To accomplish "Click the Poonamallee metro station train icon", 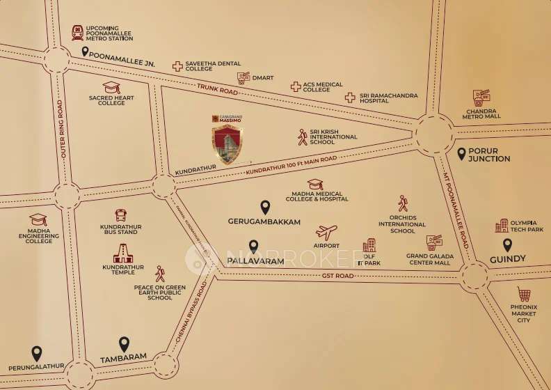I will tap(77, 33).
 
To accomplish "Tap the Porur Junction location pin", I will tap(461, 153).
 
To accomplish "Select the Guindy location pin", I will tap(508, 245).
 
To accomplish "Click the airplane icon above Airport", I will tap(326, 233).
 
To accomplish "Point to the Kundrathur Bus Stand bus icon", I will tap(121, 216).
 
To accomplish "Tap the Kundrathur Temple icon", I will tap(122, 256).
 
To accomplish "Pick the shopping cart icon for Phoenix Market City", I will tap(524, 295).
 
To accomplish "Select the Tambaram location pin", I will tap(124, 344).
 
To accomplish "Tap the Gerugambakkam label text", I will tap(264, 221).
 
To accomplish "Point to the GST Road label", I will tap(339, 276).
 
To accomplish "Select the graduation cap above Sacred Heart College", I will tap(111, 88).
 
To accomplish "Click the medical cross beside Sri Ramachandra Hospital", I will tap(350, 97).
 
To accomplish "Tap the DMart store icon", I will tap(243, 78).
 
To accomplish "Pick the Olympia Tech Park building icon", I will tap(502, 226).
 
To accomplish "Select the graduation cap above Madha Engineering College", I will tap(38, 219).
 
